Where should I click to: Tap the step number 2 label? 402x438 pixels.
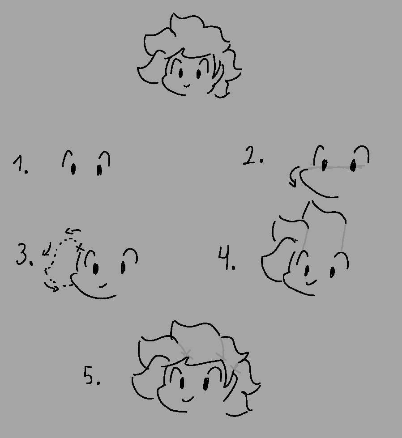tap(253, 156)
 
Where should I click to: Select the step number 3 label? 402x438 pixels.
tap(24, 254)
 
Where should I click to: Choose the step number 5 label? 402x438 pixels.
tap(92, 376)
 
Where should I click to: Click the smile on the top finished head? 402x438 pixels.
tap(187, 85)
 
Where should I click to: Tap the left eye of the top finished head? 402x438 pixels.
tap(180, 73)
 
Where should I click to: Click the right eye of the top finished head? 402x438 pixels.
tap(198, 74)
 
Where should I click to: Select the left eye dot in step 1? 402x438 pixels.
tap(73, 169)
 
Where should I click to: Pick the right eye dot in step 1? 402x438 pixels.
tap(99, 170)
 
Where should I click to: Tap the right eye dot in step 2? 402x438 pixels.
tap(353, 165)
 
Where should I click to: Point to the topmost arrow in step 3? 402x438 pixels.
tap(73, 231)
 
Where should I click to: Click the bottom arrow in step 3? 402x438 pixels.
tap(52, 287)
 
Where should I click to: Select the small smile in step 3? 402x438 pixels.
tap(103, 285)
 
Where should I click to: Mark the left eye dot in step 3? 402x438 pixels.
tap(96, 268)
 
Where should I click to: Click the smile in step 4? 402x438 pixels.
tap(311, 282)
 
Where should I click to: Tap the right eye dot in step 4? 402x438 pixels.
tap(333, 272)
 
